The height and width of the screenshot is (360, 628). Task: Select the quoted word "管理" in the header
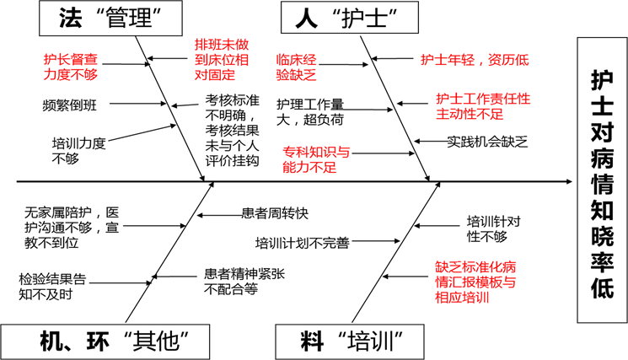pos(132,19)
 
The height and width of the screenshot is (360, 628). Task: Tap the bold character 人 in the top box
pos(309,17)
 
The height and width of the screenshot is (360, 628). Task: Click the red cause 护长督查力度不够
pos(76,67)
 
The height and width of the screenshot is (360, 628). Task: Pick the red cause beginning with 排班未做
pos(221,59)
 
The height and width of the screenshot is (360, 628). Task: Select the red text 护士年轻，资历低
pos(475,60)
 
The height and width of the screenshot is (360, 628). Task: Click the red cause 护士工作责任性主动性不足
pos(482,105)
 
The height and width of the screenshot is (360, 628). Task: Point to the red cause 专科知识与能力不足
pos(315,159)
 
